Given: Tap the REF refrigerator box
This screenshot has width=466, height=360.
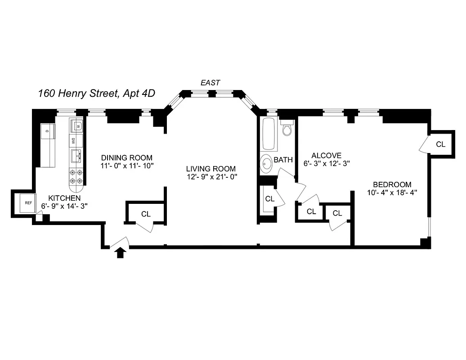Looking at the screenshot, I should tap(28, 203).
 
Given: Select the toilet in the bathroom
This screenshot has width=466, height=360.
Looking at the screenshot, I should tap(287, 129).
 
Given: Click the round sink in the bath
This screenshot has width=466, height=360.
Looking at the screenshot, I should tap(266, 164).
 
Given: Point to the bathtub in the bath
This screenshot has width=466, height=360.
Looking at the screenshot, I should tap(268, 135).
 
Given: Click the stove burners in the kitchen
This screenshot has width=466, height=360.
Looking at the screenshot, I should tap(76, 177).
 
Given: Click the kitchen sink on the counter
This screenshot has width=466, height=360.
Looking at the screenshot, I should tap(76, 156).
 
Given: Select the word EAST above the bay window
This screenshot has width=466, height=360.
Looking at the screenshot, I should tap(210, 82).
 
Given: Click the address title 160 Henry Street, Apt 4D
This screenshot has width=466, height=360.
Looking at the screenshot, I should tap(97, 94).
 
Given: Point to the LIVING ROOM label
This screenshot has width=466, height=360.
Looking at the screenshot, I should tap(211, 168).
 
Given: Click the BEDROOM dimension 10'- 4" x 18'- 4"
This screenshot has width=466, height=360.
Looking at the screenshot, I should tap(392, 193).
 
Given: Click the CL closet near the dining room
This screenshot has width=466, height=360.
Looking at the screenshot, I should tap(146, 214).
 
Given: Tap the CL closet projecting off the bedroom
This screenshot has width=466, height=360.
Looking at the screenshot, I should tap(440, 144).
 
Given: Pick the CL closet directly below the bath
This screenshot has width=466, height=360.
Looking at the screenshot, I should tap(269, 198).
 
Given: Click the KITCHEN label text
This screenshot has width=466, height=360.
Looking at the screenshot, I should tap(64, 198).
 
